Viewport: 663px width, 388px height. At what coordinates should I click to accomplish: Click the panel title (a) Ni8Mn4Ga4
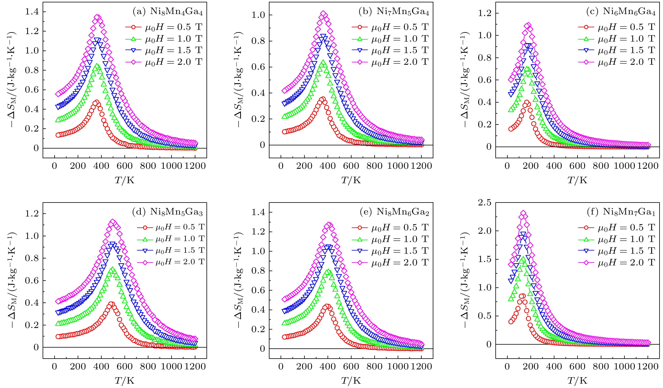pyautogui.click(x=168, y=12)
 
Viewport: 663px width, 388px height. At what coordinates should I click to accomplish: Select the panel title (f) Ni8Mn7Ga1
pyautogui.click(x=621, y=212)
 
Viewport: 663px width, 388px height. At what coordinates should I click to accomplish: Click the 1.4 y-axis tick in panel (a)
pyautogui.click(x=32, y=12)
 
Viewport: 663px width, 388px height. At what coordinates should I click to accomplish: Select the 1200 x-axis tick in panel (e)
pyautogui.click(x=421, y=366)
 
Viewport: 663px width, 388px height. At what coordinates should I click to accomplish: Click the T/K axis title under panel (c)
pyautogui.click(x=577, y=180)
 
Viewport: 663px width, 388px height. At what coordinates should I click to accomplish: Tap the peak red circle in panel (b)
pyautogui.click(x=323, y=99)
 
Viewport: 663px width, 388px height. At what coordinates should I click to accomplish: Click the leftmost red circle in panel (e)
pyautogui.click(x=284, y=337)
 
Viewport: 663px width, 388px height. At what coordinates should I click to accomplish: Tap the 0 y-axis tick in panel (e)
pyautogui.click(x=262, y=349)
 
